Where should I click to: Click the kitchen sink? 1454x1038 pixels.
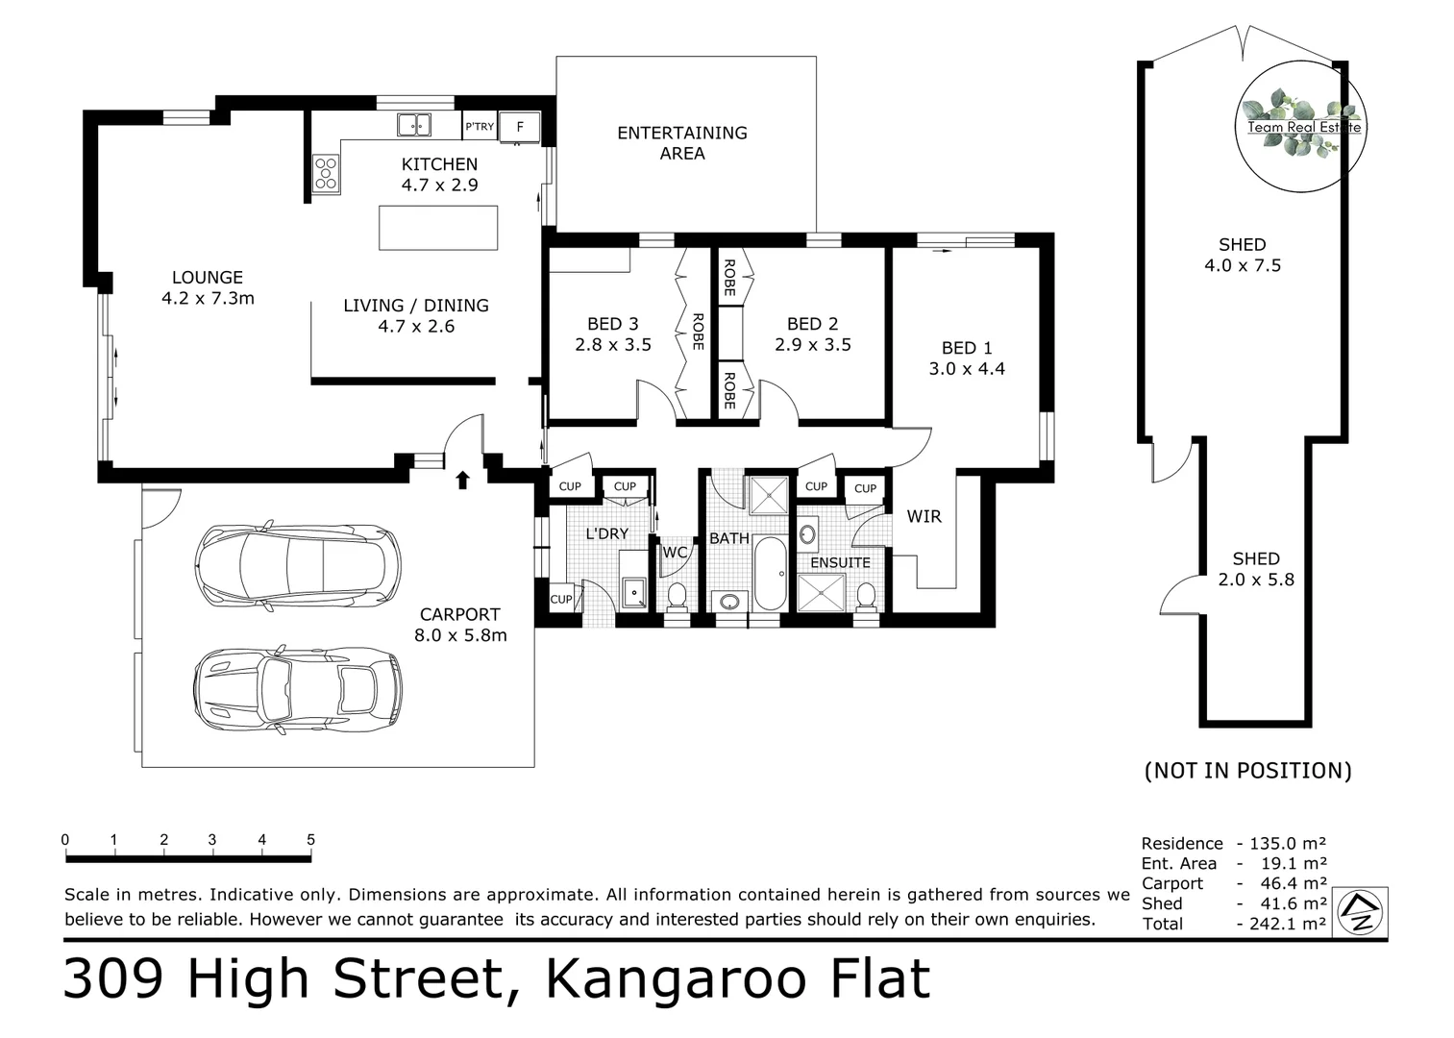(414, 125)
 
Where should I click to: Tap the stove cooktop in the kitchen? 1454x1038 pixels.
(326, 173)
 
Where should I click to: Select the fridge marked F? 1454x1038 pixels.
(519, 127)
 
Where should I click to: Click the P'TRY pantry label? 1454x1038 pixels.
(480, 127)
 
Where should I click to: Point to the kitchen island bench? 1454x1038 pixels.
(438, 228)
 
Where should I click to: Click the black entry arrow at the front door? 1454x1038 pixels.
(462, 481)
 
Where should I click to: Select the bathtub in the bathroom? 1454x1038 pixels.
(771, 574)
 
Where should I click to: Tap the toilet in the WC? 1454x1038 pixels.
(678, 596)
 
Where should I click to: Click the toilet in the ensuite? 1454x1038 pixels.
(866, 597)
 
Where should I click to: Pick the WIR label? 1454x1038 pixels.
(924, 517)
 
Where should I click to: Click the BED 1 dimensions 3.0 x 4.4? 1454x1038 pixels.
(967, 369)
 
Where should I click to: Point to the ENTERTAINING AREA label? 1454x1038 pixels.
(682, 143)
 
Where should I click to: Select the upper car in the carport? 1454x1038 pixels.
(298, 565)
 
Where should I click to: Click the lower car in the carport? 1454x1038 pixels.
(297, 690)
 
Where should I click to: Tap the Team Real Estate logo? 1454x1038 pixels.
(1301, 127)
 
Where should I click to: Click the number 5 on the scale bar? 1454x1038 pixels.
(311, 839)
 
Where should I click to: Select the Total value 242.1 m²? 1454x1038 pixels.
(1288, 923)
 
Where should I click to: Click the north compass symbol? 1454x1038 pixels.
(1361, 912)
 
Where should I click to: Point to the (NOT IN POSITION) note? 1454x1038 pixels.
(1247, 771)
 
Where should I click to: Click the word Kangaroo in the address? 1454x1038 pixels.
(676, 978)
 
